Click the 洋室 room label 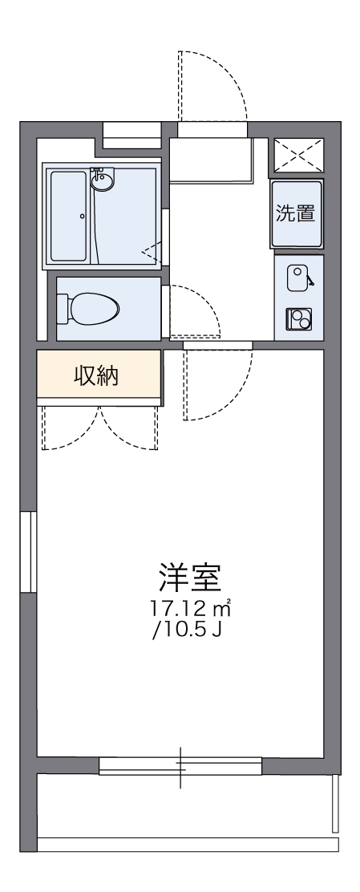pos(189,578)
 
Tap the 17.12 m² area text pos(190,609)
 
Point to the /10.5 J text pos(186,630)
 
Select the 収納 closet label pos(96,375)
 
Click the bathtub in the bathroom pos(71,216)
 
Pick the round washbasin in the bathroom pos(103,180)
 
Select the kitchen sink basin pos(297,278)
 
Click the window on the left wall pos(28,551)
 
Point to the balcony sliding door pos(180,766)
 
